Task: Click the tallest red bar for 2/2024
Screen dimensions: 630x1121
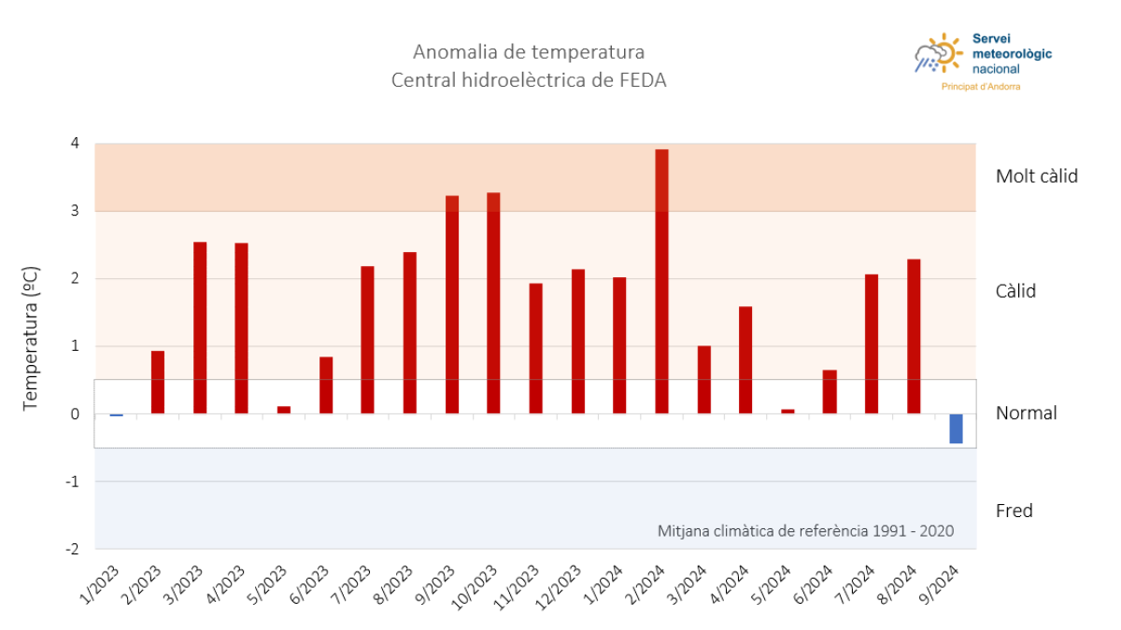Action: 661,280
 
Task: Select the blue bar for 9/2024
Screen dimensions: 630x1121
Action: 956,428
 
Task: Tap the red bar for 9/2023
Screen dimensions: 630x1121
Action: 452,304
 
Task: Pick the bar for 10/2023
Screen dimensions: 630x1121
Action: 493,302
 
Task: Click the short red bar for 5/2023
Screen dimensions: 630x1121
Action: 284,410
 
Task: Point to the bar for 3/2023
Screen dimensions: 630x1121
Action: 200,328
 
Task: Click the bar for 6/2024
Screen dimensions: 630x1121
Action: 830,392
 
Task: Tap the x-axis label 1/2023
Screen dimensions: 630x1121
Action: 100,586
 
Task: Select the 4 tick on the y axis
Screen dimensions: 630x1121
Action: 74,143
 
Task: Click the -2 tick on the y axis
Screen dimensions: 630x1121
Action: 72,549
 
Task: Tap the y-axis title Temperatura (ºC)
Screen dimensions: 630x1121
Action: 31,338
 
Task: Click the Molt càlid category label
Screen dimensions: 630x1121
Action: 1036,176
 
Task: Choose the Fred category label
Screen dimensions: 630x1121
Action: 1014,511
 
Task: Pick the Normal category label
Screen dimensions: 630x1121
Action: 1026,413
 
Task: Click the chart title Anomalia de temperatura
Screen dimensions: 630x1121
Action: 529,51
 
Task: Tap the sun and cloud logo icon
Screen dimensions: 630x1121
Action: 938,55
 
